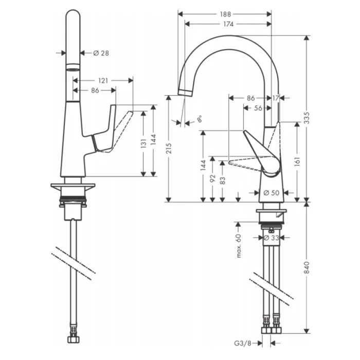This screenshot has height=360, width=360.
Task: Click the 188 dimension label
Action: [225, 14]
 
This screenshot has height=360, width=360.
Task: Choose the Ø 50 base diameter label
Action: [271, 193]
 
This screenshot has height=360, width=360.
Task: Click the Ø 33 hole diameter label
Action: [271, 238]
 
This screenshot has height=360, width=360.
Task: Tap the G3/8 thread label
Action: [246, 341]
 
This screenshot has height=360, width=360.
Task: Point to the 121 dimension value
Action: [103, 80]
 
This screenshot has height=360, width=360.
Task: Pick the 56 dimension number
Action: [258, 108]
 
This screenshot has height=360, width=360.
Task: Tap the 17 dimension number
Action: [276, 98]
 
